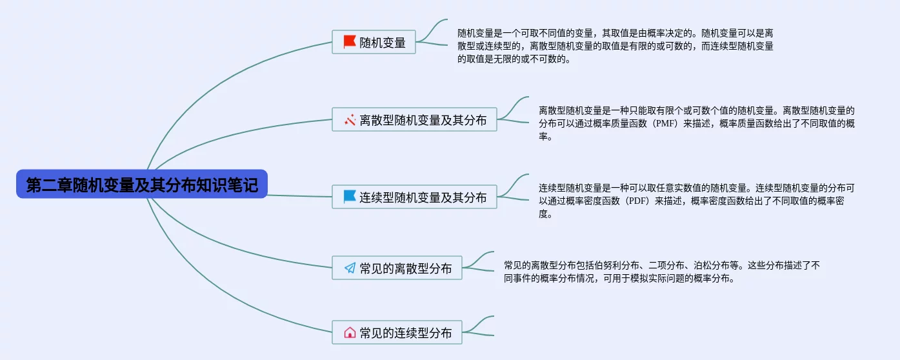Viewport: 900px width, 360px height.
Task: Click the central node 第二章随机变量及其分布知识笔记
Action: [x=142, y=185]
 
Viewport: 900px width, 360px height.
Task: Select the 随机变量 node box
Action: [x=374, y=42]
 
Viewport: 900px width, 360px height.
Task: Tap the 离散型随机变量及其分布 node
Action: [x=414, y=119]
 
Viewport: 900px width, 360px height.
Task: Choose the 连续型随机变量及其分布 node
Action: [x=414, y=197]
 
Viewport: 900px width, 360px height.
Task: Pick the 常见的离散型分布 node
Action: [x=397, y=268]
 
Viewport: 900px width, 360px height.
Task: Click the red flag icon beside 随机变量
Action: [x=350, y=42]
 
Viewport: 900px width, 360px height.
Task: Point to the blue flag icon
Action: [x=350, y=197]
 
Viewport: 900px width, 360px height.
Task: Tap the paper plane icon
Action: [x=350, y=268]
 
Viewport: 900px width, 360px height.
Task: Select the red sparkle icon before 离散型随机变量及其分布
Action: [x=350, y=119]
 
